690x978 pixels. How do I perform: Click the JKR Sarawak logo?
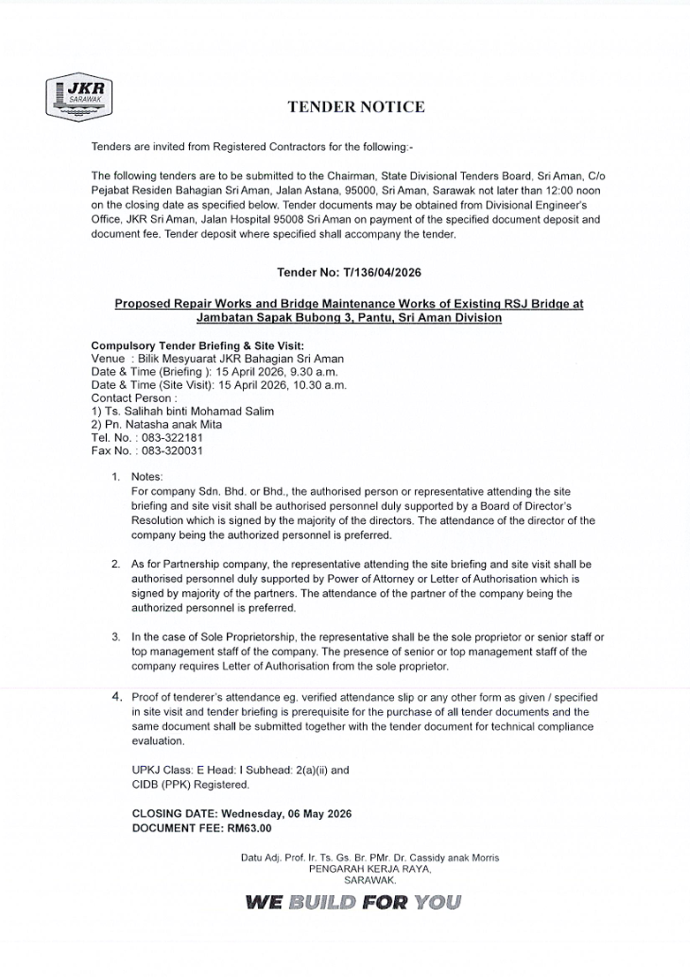click(78, 98)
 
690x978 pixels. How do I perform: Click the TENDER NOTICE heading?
click(356, 108)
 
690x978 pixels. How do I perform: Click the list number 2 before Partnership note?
click(115, 564)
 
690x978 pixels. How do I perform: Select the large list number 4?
click(116, 697)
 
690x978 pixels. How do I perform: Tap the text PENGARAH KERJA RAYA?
click(370, 869)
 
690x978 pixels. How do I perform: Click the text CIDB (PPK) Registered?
click(191, 785)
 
